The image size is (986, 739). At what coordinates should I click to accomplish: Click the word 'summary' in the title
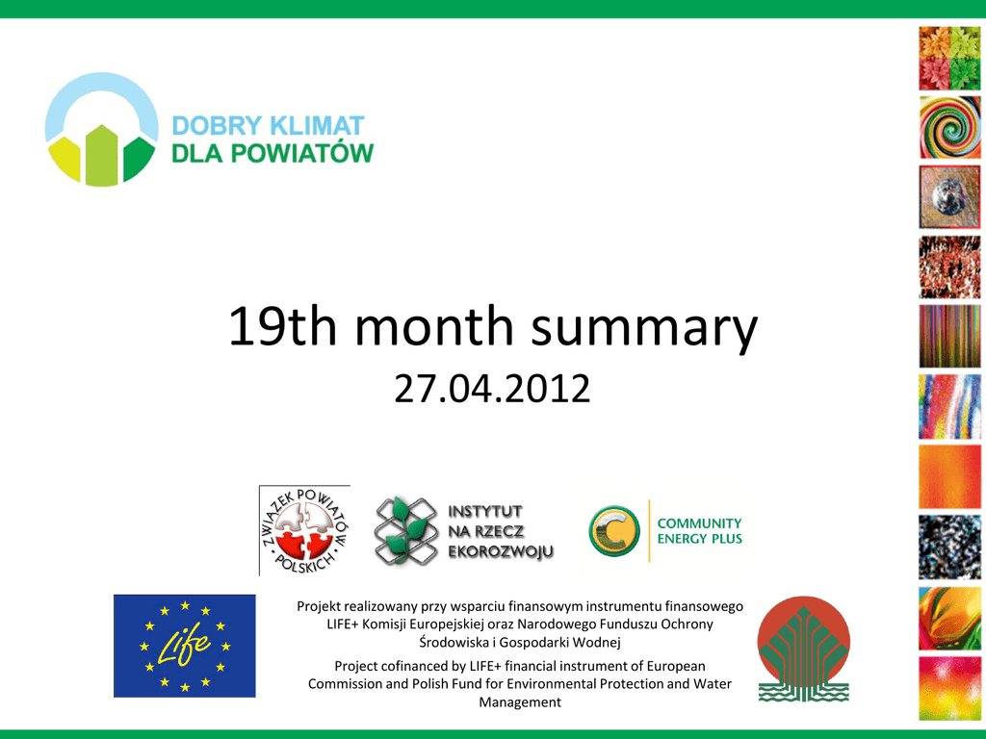(x=644, y=327)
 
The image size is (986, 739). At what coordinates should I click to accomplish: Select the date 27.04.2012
(x=492, y=389)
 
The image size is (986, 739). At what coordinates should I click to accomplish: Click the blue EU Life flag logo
(x=184, y=646)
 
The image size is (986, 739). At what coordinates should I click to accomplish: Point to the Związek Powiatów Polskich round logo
(x=305, y=530)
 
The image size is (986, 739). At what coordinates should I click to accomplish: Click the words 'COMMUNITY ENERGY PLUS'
(x=699, y=531)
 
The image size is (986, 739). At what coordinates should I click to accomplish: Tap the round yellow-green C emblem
(x=614, y=531)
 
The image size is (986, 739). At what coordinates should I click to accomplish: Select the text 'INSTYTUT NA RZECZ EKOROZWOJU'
(x=501, y=531)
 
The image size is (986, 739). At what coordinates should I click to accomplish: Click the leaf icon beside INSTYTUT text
(x=406, y=531)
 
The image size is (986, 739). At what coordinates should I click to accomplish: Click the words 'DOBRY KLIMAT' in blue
(x=268, y=126)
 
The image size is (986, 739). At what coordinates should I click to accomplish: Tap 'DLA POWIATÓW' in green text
(x=272, y=153)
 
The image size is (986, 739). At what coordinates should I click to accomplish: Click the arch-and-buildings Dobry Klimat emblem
(x=101, y=130)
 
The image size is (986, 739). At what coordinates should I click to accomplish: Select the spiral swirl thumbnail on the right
(x=949, y=128)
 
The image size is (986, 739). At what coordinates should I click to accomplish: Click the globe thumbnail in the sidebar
(x=949, y=197)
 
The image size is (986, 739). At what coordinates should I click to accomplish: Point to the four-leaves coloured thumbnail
(x=949, y=59)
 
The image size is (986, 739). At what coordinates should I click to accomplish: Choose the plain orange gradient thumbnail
(x=949, y=477)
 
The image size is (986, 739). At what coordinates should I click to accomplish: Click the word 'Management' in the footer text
(x=520, y=701)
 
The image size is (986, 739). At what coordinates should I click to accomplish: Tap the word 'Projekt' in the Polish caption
(x=319, y=607)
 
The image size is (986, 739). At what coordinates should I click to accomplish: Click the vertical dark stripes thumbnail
(x=949, y=336)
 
